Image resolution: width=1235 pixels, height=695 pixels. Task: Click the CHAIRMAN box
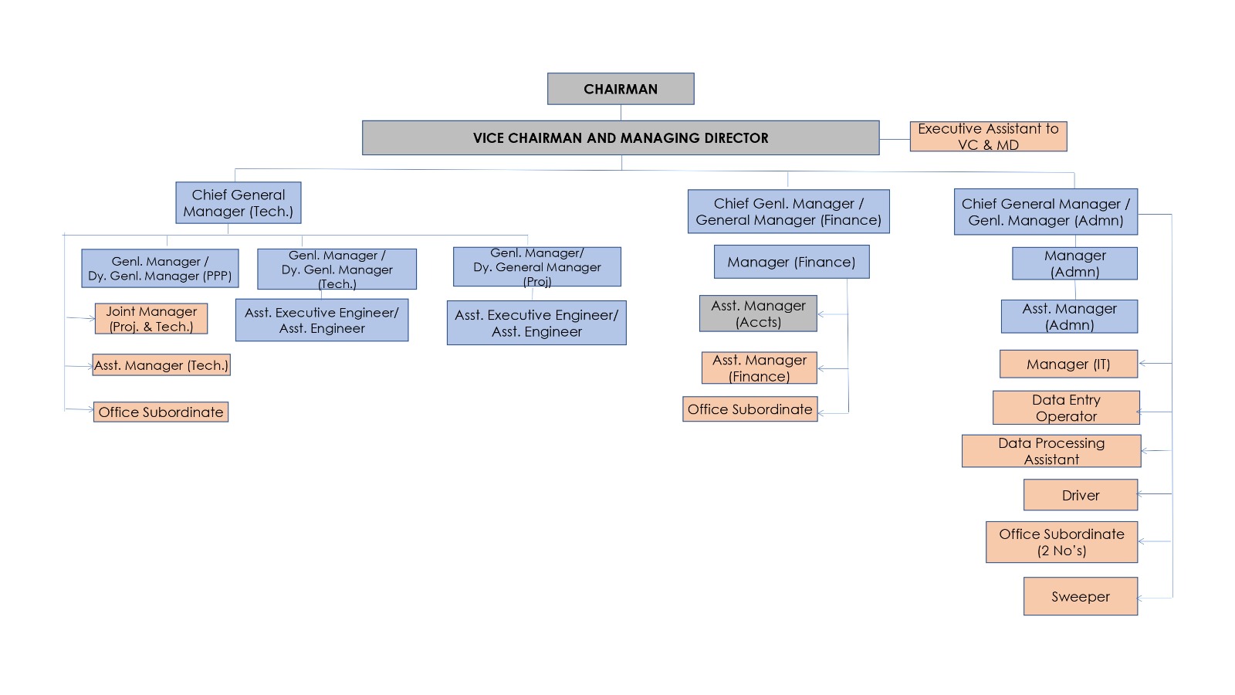(x=621, y=89)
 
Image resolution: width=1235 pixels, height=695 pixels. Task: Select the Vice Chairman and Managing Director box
(x=621, y=137)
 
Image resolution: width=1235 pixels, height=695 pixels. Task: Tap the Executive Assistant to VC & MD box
(x=988, y=137)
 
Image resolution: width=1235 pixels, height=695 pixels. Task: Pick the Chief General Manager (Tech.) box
(x=239, y=203)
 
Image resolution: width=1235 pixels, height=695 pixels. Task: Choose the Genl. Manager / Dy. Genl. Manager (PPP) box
(x=160, y=269)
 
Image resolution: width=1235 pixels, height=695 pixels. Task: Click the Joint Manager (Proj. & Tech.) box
(x=151, y=319)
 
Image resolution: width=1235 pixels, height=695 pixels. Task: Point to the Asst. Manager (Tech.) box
(x=161, y=365)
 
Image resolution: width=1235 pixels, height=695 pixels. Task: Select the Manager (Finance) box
(x=791, y=262)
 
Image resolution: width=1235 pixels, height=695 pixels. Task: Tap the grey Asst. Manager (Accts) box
(x=758, y=314)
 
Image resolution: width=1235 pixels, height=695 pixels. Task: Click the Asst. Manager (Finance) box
(x=760, y=368)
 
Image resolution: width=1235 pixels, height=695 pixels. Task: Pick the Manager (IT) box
(x=1068, y=364)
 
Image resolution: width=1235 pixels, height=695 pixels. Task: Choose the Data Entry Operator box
(x=1066, y=408)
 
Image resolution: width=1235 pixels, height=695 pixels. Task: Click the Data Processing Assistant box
(x=1051, y=451)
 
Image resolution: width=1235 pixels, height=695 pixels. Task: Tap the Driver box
(x=1081, y=495)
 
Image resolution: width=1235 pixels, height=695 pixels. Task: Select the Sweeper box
(x=1081, y=596)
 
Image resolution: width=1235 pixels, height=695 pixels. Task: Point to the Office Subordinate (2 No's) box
(x=1061, y=542)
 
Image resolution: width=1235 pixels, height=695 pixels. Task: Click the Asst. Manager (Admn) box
(x=1069, y=317)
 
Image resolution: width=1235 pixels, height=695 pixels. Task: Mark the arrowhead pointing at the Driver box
(x=1141, y=493)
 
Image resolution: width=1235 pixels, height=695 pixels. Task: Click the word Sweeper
(x=1081, y=597)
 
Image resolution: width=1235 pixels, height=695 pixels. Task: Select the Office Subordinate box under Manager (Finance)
(x=749, y=409)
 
